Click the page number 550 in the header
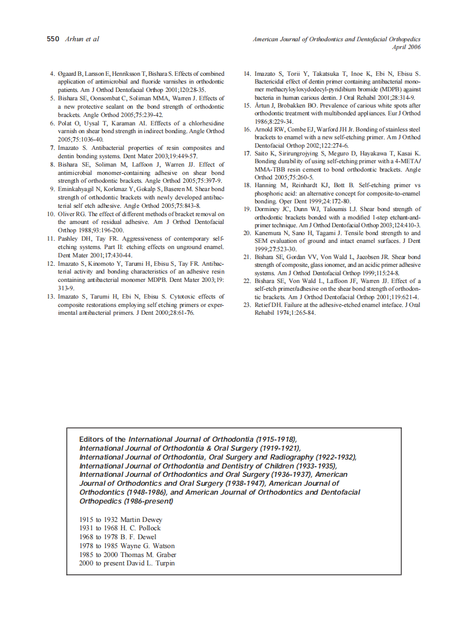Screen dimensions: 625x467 click(x=53, y=39)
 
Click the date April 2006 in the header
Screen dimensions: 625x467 click(x=407, y=47)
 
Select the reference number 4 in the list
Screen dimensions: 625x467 click(x=52, y=74)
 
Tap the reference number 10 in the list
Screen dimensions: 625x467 click(x=50, y=214)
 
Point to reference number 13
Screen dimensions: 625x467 click(x=50, y=297)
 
